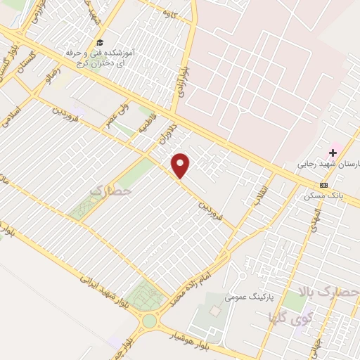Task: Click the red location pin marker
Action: point(181,166)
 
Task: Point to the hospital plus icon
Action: point(333,153)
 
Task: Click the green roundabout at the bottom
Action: point(150,321)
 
